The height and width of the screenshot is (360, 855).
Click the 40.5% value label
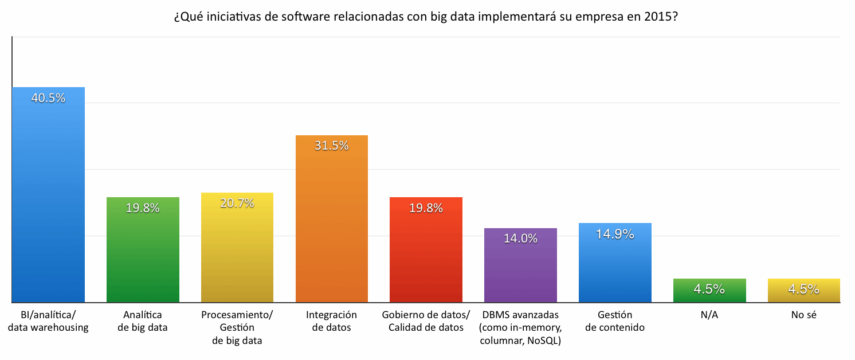(48, 98)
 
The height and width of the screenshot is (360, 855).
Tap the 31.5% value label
(331, 146)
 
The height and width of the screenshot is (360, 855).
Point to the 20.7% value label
(237, 203)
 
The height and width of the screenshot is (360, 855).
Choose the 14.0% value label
(520, 238)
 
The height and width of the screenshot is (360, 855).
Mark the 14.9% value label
(615, 234)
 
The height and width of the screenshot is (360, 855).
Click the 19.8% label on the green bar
(143, 208)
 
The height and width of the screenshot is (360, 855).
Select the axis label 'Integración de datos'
(331, 321)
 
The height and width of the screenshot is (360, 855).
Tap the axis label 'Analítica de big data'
(143, 321)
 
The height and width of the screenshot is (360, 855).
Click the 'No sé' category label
(803, 315)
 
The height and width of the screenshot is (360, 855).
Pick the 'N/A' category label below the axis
(709, 315)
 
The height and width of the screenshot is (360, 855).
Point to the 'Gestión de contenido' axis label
(615, 321)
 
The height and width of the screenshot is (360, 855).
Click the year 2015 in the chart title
(659, 17)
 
